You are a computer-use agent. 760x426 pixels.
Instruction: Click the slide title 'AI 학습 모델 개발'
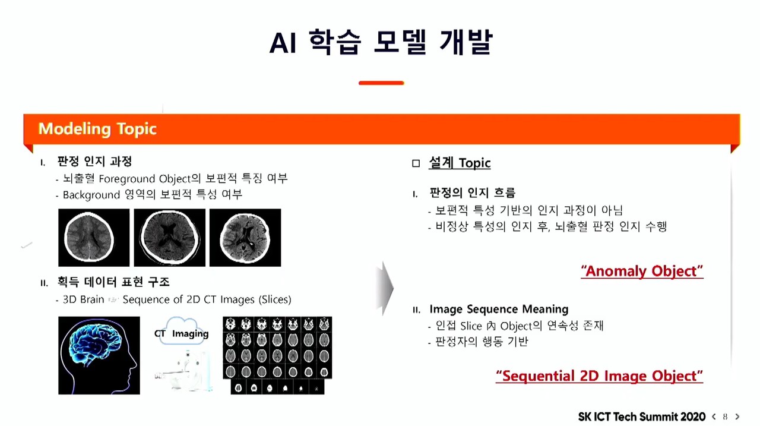tap(381, 42)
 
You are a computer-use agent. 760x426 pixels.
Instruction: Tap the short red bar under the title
tap(381, 83)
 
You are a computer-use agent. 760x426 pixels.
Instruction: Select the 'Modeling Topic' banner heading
tap(97, 129)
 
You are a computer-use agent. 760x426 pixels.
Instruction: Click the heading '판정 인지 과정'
tap(94, 161)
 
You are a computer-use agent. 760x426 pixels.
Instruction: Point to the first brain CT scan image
tap(94, 238)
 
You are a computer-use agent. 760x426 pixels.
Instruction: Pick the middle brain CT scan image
tap(170, 238)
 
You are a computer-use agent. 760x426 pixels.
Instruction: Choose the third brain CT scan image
tap(245, 238)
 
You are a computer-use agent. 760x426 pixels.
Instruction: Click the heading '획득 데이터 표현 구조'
tap(113, 282)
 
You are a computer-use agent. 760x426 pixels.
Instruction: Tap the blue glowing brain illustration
tap(99, 355)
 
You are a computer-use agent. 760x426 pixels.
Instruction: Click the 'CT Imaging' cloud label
tap(182, 333)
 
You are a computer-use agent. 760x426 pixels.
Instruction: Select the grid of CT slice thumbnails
tap(277, 355)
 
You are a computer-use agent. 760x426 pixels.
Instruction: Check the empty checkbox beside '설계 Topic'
tap(416, 163)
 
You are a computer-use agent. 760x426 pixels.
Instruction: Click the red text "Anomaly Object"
tap(642, 271)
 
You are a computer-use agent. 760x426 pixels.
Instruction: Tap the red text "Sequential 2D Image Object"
tap(599, 376)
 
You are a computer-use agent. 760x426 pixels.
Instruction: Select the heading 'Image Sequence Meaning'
tap(499, 309)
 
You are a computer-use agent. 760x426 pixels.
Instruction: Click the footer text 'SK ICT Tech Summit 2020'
tap(642, 417)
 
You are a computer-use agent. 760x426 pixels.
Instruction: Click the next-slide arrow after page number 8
tap(737, 417)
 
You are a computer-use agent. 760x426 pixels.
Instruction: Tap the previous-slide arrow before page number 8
tap(714, 417)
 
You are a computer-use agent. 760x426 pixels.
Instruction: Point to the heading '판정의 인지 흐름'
tap(472, 193)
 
